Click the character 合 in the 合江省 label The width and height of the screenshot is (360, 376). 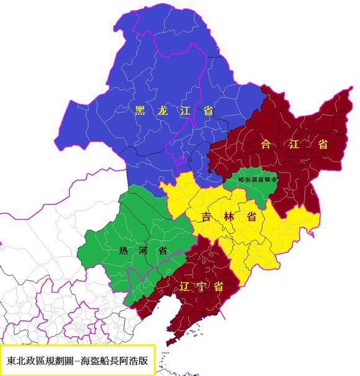pos(267,144)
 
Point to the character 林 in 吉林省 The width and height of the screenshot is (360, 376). pos(229,218)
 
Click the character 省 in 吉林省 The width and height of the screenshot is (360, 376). pos(251,218)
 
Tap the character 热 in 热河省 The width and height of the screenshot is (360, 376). pos(124,251)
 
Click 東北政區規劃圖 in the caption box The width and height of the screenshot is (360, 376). pos(44,360)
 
